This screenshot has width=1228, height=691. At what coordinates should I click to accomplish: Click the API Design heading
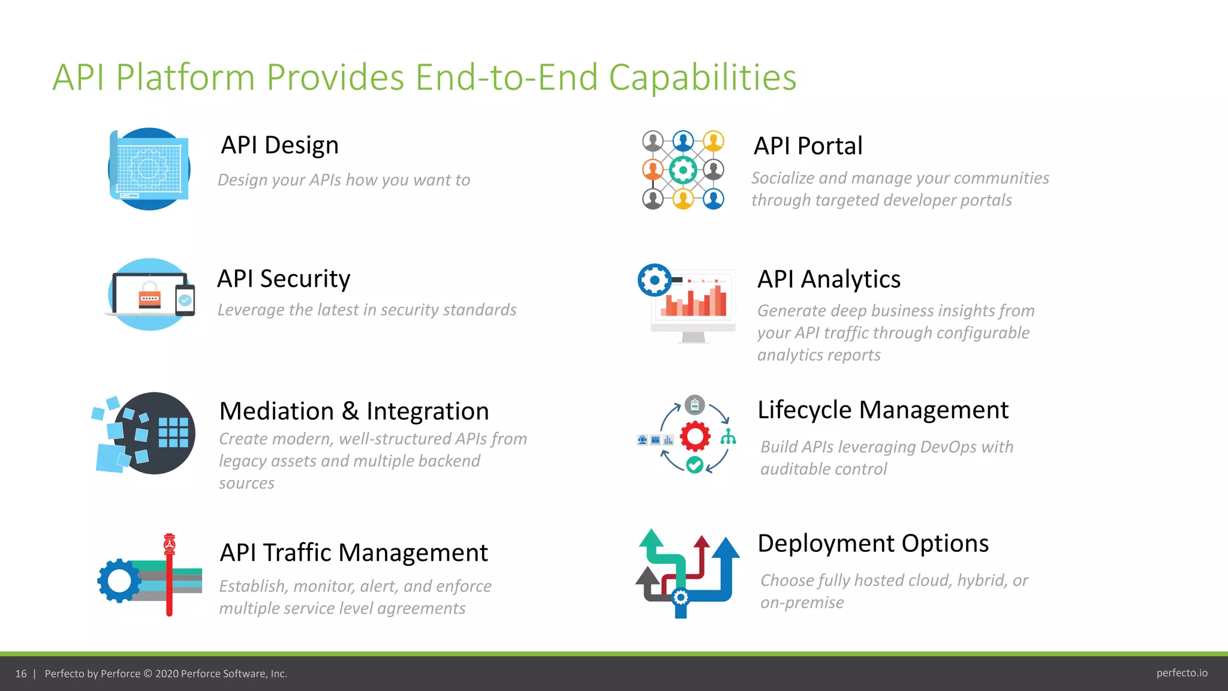[279, 145]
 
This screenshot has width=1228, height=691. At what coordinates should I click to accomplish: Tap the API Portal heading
[808, 146]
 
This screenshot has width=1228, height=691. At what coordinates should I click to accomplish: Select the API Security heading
[284, 279]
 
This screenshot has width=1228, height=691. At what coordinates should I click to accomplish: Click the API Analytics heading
[829, 280]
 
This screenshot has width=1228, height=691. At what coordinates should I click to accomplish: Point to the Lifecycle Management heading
[883, 410]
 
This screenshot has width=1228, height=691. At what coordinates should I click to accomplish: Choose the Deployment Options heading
[872, 543]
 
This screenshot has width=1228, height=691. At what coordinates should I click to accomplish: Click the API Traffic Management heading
[354, 552]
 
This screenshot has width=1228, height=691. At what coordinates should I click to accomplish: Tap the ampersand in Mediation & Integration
[350, 411]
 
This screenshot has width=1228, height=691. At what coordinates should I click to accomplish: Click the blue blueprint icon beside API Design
[149, 169]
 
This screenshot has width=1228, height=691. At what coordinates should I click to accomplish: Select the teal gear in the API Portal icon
[682, 170]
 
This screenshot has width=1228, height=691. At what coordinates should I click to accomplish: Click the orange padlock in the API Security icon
[149, 296]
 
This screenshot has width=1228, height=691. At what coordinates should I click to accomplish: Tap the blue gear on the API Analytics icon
[655, 280]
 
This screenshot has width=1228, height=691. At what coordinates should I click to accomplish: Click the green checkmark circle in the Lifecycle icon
[694, 465]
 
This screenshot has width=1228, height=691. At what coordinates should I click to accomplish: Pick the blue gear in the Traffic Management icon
[119, 581]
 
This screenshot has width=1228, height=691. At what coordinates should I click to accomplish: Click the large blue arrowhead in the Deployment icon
[726, 548]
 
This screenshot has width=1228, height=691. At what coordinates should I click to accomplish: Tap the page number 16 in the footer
[21, 674]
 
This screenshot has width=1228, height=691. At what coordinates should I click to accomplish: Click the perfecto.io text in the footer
[1181, 673]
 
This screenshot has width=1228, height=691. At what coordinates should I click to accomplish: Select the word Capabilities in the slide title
[702, 77]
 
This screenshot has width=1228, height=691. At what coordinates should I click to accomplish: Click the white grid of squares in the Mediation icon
[173, 432]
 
